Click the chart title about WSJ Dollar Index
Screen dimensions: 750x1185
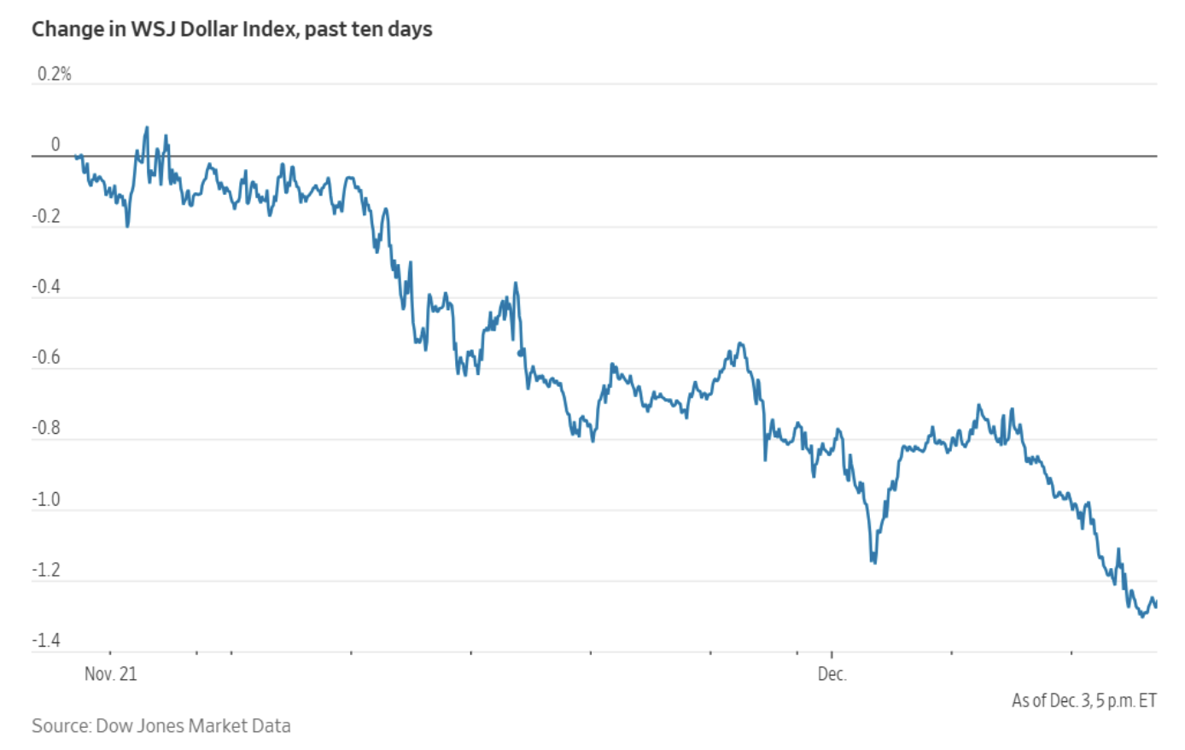(231, 29)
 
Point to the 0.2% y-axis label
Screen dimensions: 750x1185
(54, 74)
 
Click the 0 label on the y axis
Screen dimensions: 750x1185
(55, 145)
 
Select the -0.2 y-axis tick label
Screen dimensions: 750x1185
(46, 216)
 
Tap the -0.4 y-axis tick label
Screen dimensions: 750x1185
(46, 287)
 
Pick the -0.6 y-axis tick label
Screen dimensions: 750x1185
(46, 358)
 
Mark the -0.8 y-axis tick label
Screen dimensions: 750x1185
(46, 429)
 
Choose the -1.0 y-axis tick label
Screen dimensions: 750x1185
(46, 500)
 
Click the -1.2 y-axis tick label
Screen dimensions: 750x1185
(46, 571)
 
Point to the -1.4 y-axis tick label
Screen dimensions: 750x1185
(46, 642)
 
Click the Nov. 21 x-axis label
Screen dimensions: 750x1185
(110, 674)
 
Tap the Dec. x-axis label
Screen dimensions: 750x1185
(832, 674)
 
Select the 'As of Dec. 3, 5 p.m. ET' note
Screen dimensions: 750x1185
(1083, 700)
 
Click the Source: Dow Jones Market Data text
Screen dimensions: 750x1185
(161, 726)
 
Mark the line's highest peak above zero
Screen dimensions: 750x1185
(146, 128)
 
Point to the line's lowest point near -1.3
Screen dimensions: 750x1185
(1142, 616)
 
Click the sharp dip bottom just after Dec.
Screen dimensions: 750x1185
(873, 561)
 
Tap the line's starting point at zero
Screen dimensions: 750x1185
(76, 155)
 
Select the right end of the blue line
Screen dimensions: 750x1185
(1156, 606)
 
